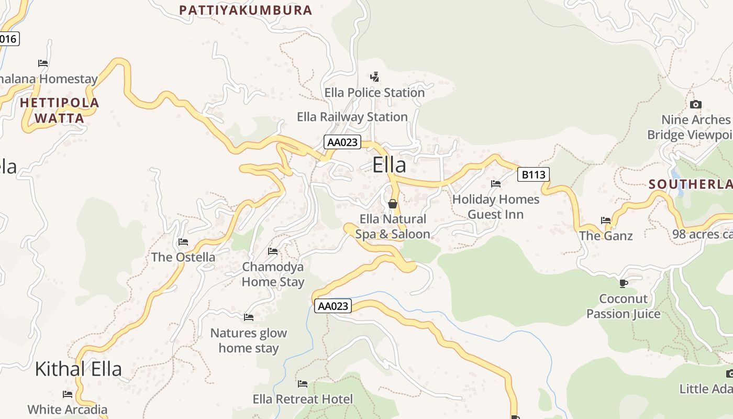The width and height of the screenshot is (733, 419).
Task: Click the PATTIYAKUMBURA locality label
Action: (246, 10)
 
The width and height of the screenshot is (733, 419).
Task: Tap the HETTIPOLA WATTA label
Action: (59, 110)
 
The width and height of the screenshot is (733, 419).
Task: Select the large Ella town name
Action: (389, 165)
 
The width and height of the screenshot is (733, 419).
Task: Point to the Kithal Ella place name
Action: (78, 369)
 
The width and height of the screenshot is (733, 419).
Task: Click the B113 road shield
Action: (534, 174)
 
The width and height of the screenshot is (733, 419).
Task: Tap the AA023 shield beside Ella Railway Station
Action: (342, 142)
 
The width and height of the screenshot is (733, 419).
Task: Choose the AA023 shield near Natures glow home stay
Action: (333, 306)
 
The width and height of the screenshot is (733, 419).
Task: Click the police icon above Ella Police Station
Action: (374, 77)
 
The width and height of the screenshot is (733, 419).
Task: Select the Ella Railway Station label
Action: (352, 117)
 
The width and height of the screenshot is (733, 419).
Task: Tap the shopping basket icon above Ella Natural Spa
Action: (393, 203)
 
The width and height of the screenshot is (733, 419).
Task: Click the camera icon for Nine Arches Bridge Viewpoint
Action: (696, 104)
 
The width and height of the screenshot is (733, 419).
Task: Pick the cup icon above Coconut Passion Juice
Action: (623, 283)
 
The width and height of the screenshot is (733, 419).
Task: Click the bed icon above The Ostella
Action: (183, 241)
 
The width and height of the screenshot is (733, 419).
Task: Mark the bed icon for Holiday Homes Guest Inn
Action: (496, 184)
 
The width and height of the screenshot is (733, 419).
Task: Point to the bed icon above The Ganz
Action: (606, 220)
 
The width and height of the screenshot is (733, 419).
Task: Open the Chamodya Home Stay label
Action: (273, 274)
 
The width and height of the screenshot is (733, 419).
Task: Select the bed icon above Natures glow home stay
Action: (249, 317)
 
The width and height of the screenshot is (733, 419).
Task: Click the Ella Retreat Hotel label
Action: (303, 399)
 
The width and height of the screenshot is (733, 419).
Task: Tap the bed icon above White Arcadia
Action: (68, 394)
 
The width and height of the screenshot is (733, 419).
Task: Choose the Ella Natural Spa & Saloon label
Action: (393, 226)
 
